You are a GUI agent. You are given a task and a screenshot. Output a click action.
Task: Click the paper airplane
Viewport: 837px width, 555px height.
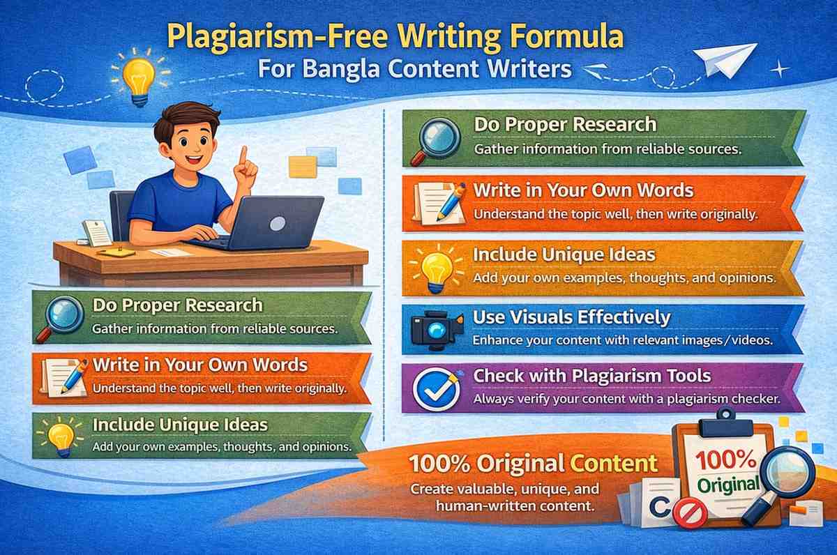pyautogui.click(x=727, y=59)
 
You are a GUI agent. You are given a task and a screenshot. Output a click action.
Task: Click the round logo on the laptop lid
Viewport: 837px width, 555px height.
pyautogui.click(x=277, y=224)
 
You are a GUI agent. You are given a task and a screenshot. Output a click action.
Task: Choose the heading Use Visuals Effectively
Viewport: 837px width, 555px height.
pyautogui.click(x=571, y=318)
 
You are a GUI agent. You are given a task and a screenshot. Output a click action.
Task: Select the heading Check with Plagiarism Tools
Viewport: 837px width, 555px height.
pyautogui.click(x=591, y=376)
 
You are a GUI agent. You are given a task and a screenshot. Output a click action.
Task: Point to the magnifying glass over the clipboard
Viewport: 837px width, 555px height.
pyautogui.click(x=785, y=474)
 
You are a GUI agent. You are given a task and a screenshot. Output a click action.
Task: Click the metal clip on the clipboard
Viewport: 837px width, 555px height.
pyautogui.click(x=725, y=418)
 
